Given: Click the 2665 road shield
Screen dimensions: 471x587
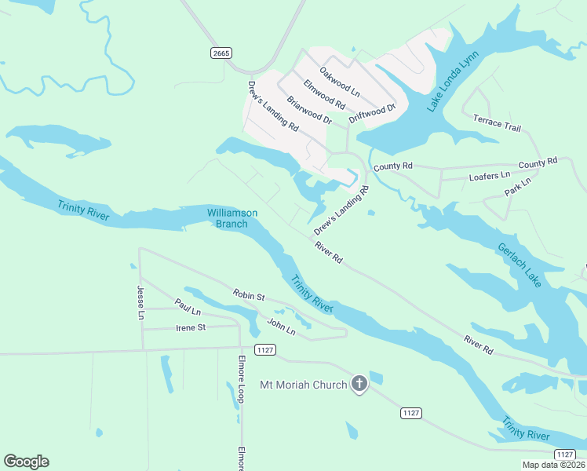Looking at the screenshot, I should point(221,53).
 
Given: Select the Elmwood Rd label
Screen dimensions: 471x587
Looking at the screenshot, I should point(324,93).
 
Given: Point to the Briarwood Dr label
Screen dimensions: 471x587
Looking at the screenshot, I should point(309,111).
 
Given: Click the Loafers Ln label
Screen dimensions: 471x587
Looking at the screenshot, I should point(490,177).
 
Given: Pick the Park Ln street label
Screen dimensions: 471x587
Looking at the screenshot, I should point(518,187).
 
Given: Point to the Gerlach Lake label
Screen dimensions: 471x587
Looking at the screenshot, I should point(519,265).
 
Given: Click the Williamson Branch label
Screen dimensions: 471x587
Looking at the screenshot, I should point(232,218).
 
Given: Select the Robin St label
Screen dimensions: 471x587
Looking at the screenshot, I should point(249,295).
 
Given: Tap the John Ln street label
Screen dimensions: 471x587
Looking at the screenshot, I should point(281,327).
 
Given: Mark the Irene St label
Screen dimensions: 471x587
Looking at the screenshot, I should point(191,327).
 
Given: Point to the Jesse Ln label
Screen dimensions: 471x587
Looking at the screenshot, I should point(140,302).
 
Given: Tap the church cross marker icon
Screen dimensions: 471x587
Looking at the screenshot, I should point(359,384).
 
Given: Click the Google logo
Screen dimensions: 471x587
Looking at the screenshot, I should point(26,462).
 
